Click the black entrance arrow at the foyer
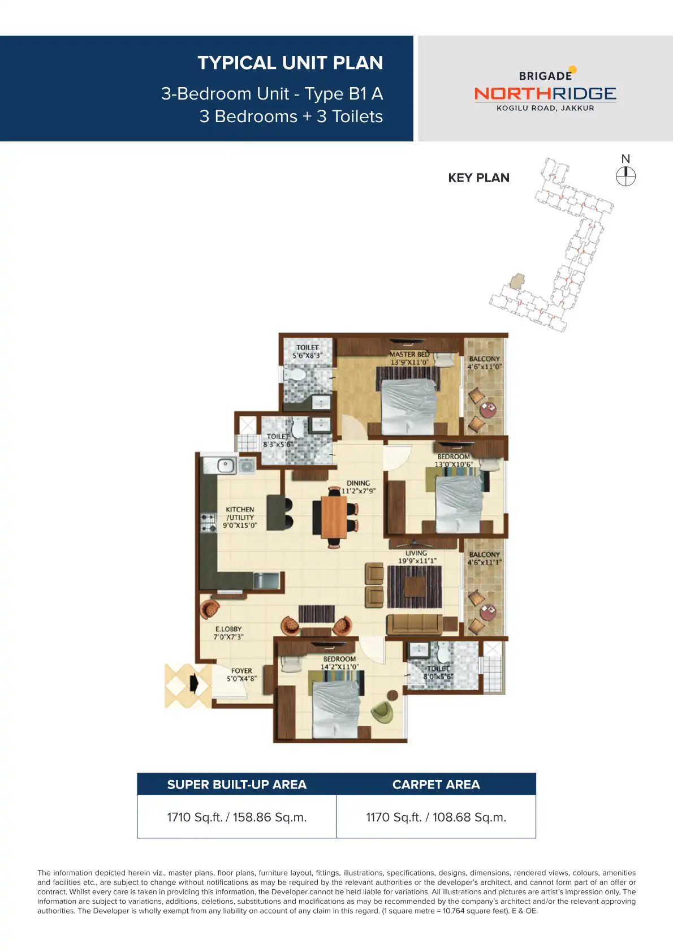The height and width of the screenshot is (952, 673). (x=194, y=683)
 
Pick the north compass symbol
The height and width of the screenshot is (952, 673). (x=625, y=176)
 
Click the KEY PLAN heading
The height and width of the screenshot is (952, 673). (x=478, y=178)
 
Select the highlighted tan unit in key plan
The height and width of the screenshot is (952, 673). (x=517, y=281)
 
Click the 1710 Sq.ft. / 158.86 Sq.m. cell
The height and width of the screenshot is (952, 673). (x=236, y=817)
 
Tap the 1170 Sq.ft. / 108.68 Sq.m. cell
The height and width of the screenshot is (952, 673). (x=436, y=817)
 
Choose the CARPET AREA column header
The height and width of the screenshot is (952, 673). (x=436, y=785)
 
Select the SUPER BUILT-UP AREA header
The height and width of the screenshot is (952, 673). (x=236, y=785)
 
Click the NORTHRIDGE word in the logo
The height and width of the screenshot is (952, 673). (x=545, y=94)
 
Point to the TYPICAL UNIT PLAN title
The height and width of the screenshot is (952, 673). (x=290, y=63)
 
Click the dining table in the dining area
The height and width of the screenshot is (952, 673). (x=334, y=516)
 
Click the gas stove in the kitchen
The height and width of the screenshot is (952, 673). (x=208, y=522)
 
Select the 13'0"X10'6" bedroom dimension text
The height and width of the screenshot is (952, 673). (x=453, y=464)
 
